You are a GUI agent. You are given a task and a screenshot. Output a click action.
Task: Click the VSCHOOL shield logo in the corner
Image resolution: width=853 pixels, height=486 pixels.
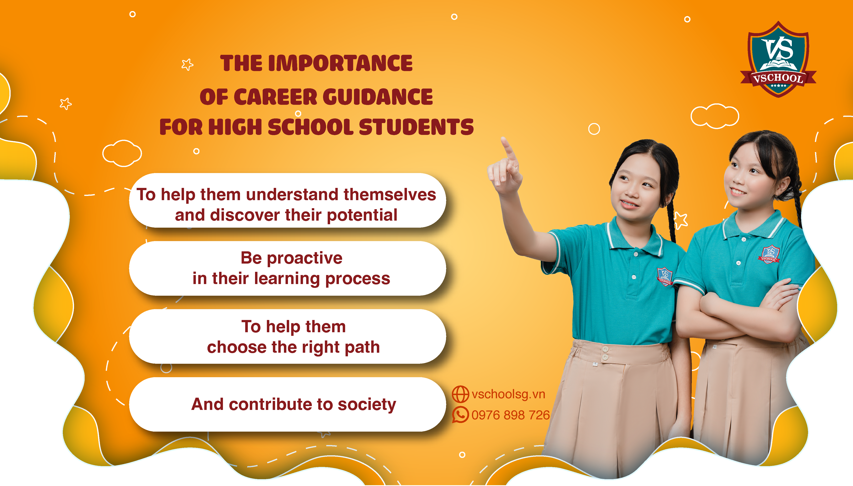click(778, 59)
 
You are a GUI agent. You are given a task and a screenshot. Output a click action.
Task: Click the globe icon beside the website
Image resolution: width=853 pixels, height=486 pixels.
click(460, 394)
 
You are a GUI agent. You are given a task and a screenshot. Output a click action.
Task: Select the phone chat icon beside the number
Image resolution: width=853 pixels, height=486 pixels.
click(460, 415)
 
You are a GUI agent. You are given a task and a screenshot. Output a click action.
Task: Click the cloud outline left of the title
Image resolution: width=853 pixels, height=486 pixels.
click(122, 153)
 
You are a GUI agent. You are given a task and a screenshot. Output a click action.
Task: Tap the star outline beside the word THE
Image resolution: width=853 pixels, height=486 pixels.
click(187, 64)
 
